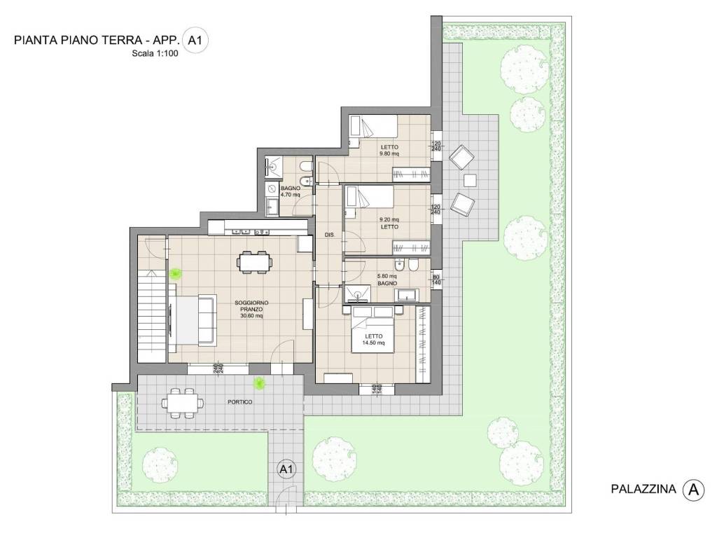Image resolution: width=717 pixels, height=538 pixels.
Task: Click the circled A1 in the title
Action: coord(195,41)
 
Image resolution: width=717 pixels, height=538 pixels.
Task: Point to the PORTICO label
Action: coord(239,402)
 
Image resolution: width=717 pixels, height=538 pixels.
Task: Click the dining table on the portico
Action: coord(183,403)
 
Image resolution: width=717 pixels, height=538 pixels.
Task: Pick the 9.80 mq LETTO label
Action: coord(389,150)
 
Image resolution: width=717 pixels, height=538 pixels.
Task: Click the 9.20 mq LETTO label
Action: coord(389,223)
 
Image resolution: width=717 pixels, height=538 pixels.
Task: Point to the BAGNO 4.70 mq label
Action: coord(290,192)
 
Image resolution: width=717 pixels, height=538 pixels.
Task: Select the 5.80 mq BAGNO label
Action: coord(387,280)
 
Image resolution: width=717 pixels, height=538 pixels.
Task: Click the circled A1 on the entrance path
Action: coord(286,468)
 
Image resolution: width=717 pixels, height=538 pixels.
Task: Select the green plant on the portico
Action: coord(260,382)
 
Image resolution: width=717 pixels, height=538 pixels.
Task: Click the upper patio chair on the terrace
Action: coord(461,158)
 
